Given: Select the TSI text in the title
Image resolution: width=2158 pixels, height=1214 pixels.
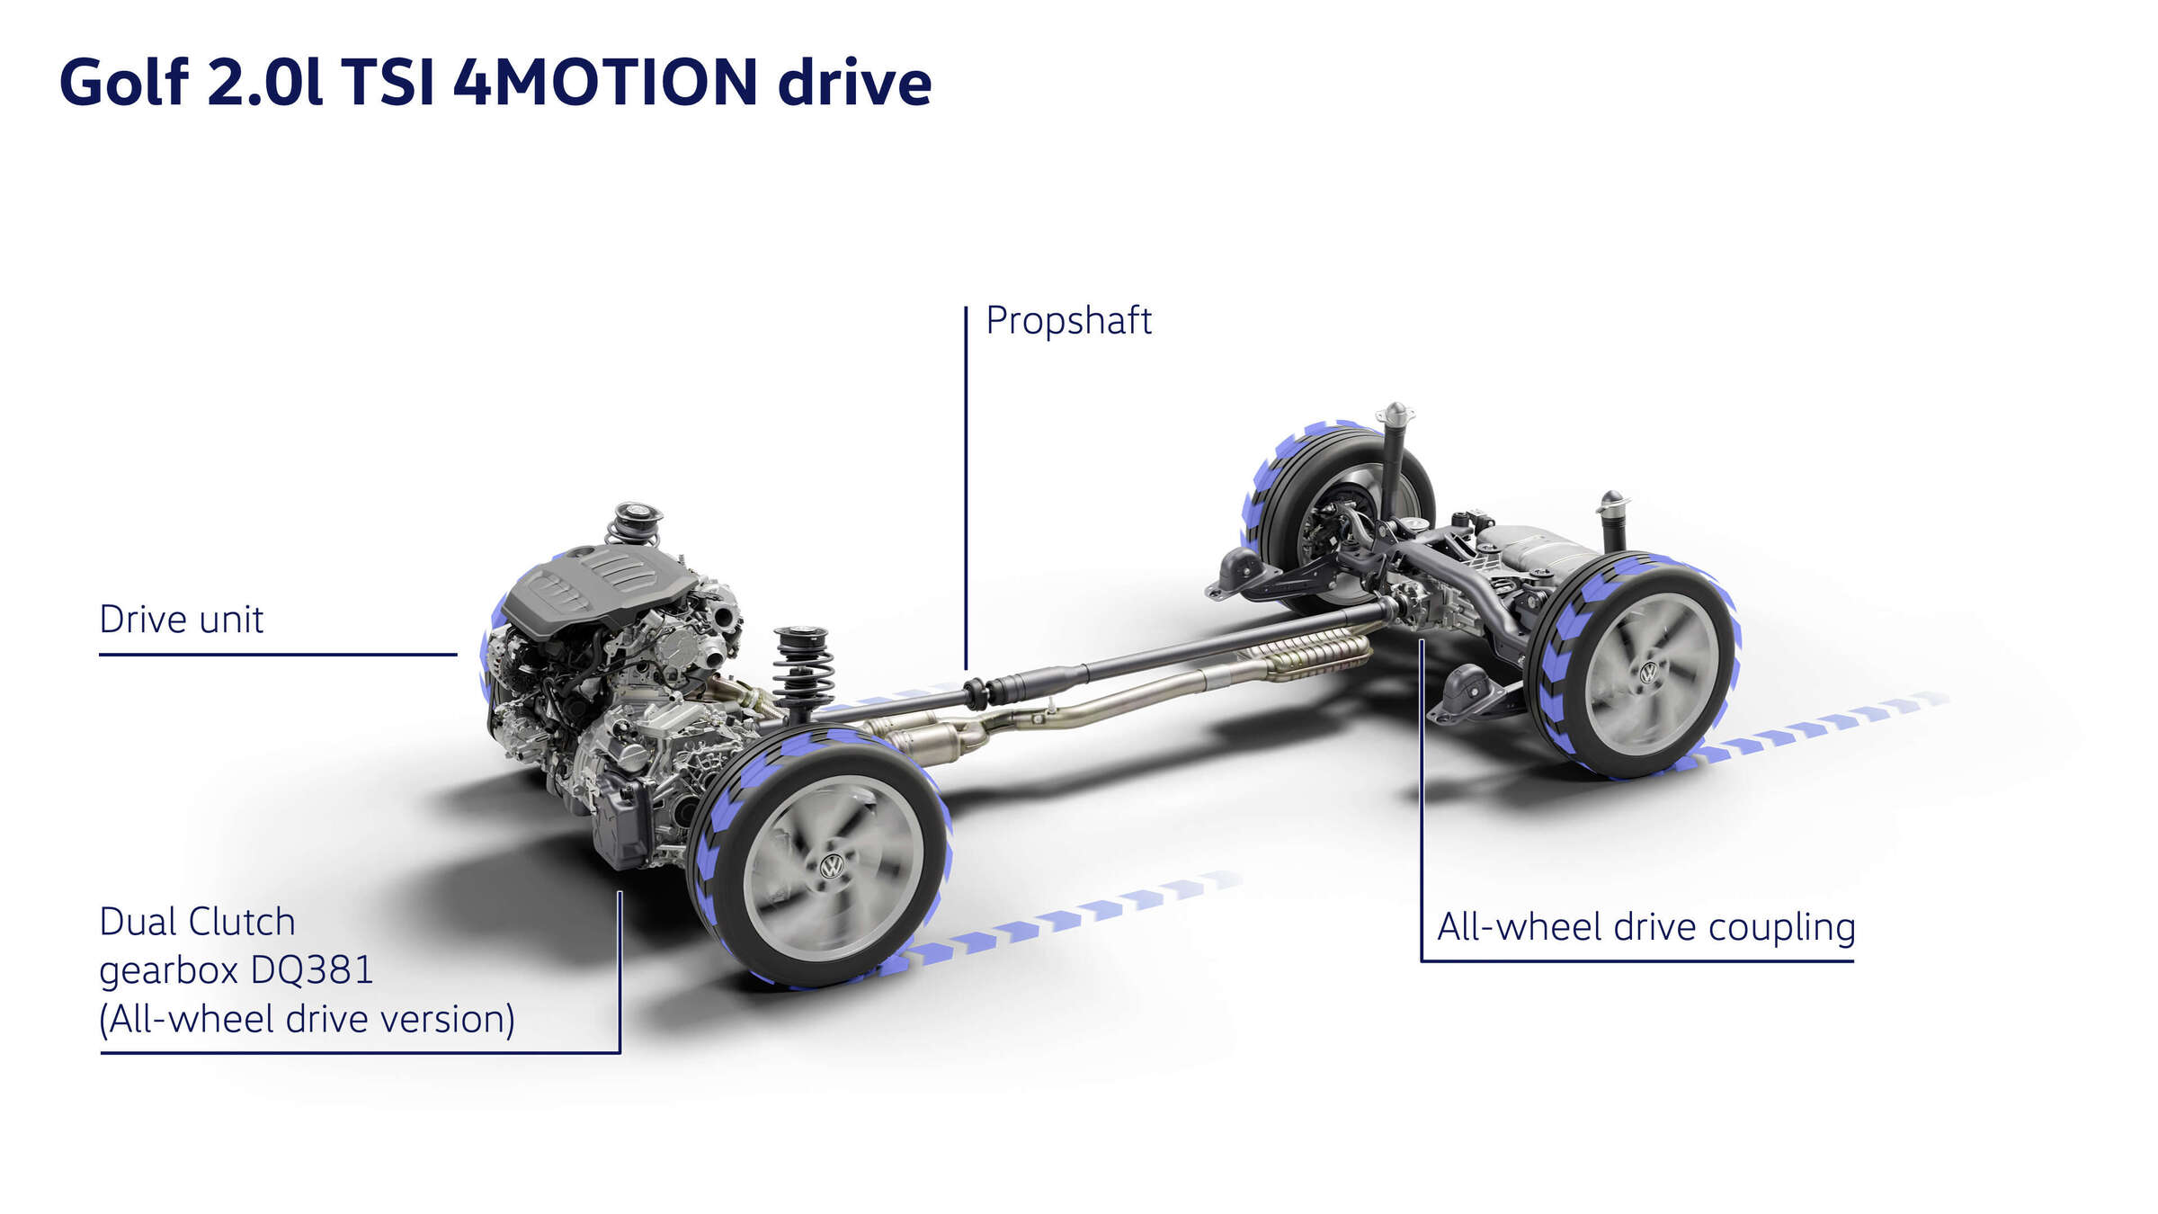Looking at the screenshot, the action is [x=388, y=83].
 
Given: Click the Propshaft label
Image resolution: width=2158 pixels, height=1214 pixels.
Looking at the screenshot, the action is [x=1068, y=321].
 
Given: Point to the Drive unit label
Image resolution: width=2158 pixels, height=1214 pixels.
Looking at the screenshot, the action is [x=181, y=620].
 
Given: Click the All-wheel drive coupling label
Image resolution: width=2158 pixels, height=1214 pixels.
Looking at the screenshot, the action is [x=1646, y=927].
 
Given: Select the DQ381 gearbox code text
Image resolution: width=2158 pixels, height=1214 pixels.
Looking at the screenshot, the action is [x=312, y=970].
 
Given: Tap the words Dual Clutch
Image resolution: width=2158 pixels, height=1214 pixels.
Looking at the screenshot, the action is [x=197, y=922].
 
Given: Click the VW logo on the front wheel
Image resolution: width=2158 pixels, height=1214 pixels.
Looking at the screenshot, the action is [x=832, y=866].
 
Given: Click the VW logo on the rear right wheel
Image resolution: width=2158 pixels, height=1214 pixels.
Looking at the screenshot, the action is [x=1649, y=673].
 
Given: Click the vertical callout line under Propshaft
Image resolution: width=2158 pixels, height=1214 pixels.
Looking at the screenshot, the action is [x=966, y=487].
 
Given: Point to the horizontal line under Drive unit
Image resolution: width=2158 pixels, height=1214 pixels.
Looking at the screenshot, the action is [x=278, y=655].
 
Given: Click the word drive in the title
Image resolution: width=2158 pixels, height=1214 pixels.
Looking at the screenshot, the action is [x=854, y=83].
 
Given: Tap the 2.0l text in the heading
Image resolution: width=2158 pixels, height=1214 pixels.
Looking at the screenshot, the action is [x=264, y=83].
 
